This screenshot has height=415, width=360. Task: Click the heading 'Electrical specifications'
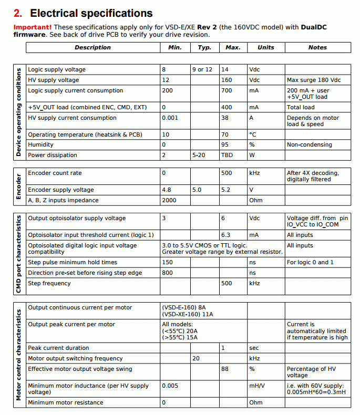91,14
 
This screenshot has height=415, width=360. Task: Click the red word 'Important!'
32,27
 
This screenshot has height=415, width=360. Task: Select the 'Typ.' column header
204,47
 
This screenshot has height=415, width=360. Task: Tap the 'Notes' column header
317,47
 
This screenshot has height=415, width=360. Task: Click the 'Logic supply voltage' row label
57,69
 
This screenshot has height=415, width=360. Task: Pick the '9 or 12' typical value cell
202,69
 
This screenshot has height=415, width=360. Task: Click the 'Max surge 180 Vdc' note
314,80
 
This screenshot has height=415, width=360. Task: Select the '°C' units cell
253,134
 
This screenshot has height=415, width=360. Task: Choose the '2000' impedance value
169,200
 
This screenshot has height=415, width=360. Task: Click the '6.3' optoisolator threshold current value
226,235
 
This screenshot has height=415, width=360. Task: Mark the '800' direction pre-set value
168,273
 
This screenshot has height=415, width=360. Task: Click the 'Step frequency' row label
49,283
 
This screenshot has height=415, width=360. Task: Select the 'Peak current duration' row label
58,348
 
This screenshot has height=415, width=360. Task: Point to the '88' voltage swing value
225,369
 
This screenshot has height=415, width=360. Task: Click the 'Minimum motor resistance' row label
65,402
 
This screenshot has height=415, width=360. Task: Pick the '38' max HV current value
225,118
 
